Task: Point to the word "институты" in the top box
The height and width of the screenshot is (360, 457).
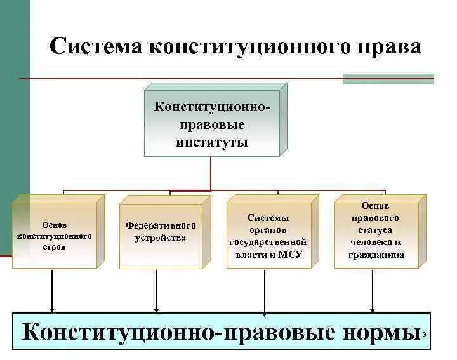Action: [x=211, y=141]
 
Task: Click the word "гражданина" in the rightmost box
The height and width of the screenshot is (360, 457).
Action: [x=376, y=255]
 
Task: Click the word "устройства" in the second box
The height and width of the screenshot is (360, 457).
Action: [x=161, y=237]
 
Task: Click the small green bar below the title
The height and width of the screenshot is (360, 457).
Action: [x=388, y=79]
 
